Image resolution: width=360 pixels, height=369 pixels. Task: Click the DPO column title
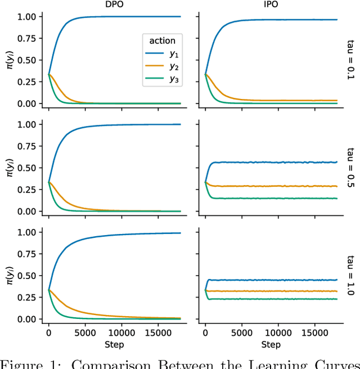tap(114, 5)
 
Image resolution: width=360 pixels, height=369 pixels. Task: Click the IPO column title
tap(271, 5)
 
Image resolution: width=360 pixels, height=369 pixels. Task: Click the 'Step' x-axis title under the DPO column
tap(114, 344)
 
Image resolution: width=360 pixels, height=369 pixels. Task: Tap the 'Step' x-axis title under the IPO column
tap(271, 344)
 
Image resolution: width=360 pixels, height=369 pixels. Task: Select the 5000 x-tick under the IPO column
tap(241, 332)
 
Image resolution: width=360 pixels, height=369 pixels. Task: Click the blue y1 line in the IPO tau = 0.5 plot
tap(270, 162)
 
